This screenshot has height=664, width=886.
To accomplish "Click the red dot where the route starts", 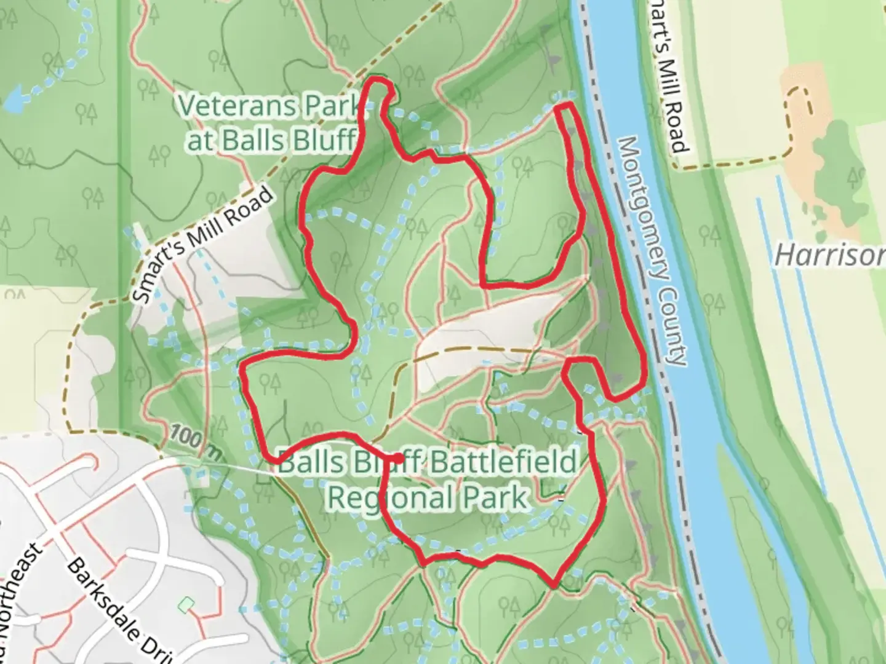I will point(398,458).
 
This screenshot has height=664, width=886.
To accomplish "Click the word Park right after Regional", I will point(501,497).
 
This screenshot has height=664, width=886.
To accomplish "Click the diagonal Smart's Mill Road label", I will point(203,244).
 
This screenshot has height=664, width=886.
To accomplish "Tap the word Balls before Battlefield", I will point(304,462).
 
